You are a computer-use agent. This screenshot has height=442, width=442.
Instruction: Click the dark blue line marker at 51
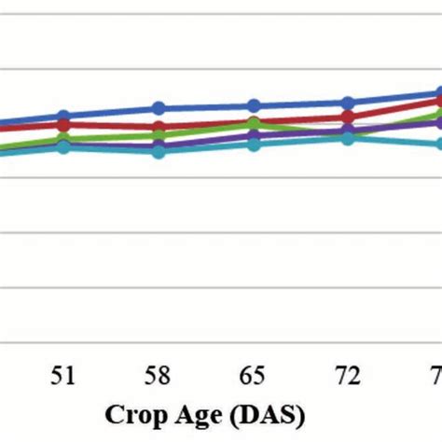click(x=63, y=117)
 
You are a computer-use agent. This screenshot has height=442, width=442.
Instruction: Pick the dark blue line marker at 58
click(x=159, y=108)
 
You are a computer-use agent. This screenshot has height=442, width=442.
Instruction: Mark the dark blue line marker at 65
click(x=253, y=105)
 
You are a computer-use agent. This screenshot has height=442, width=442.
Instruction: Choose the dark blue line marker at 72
click(x=348, y=103)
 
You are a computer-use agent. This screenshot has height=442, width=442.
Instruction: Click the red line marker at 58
click(x=159, y=127)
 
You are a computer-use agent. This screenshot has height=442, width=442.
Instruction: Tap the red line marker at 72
click(x=348, y=117)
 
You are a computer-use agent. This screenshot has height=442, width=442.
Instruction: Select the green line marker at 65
click(x=253, y=124)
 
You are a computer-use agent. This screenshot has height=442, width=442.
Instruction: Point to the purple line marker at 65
click(x=253, y=136)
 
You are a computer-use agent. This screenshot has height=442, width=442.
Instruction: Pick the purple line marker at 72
click(x=348, y=131)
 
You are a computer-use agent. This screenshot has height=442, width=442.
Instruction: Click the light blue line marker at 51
click(x=63, y=146)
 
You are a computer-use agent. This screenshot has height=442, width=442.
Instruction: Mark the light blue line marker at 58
click(x=159, y=151)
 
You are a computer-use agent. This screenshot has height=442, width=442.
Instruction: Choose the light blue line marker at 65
click(x=253, y=144)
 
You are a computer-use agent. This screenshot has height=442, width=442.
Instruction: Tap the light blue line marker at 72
click(x=348, y=138)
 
